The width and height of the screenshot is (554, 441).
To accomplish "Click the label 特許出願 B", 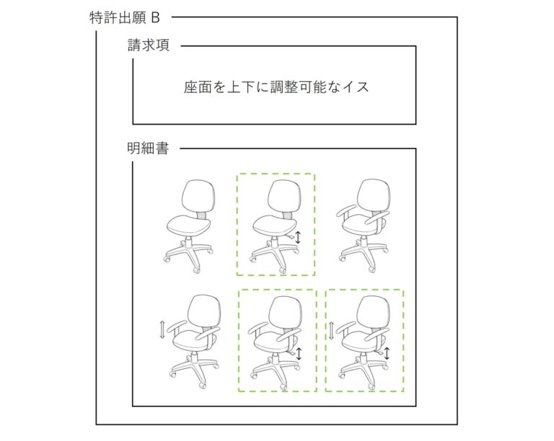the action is pos(125,18).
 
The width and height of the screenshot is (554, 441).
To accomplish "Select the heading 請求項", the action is pos(149,45).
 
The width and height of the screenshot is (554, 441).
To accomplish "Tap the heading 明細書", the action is pos(148,148).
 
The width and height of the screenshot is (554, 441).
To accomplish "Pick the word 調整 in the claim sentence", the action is pos(284,86).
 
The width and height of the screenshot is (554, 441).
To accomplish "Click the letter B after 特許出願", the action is pos(156,18).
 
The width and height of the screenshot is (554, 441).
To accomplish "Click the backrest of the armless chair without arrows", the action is pos(198,197).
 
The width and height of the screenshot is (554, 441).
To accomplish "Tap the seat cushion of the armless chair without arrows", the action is pos(188,226).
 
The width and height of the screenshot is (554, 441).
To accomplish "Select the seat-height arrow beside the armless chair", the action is pos(298,237).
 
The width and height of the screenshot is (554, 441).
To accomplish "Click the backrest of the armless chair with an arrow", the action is pos(284,197).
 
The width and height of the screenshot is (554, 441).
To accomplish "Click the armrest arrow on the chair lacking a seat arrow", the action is pos(162,329).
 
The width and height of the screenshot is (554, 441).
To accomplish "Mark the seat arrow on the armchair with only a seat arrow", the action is pos(299,354).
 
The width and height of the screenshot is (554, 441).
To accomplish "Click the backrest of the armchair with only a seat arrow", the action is pos(286,313).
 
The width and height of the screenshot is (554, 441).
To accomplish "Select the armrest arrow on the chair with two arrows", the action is pos(331,330).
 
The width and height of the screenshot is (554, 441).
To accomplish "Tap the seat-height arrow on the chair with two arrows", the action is pos(387,353).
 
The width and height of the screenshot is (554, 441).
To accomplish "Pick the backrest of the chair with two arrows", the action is pos(374,312).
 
